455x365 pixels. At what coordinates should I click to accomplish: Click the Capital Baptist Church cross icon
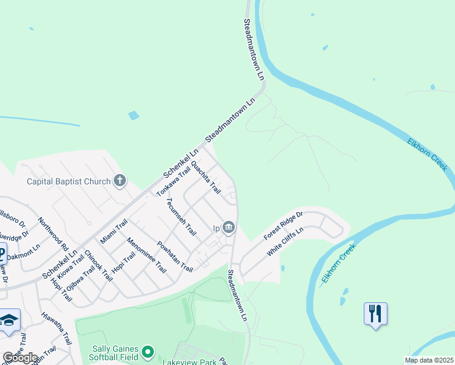[x=120, y=181]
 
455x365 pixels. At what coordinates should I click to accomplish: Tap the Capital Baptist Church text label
[x=69, y=181]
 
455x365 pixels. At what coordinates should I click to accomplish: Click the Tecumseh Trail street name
[x=182, y=217]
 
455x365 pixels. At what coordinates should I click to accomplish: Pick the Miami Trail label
[x=114, y=232]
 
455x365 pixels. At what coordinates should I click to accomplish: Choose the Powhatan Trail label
[x=175, y=257]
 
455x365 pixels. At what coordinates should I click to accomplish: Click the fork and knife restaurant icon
[x=375, y=314]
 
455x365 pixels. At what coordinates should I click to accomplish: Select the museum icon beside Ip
[x=229, y=228]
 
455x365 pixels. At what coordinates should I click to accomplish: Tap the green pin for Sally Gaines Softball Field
[x=147, y=352]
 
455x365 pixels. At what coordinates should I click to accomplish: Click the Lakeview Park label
[x=189, y=361]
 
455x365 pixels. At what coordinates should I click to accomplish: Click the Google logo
[x=20, y=358]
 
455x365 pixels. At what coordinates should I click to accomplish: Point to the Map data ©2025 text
[x=429, y=360]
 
